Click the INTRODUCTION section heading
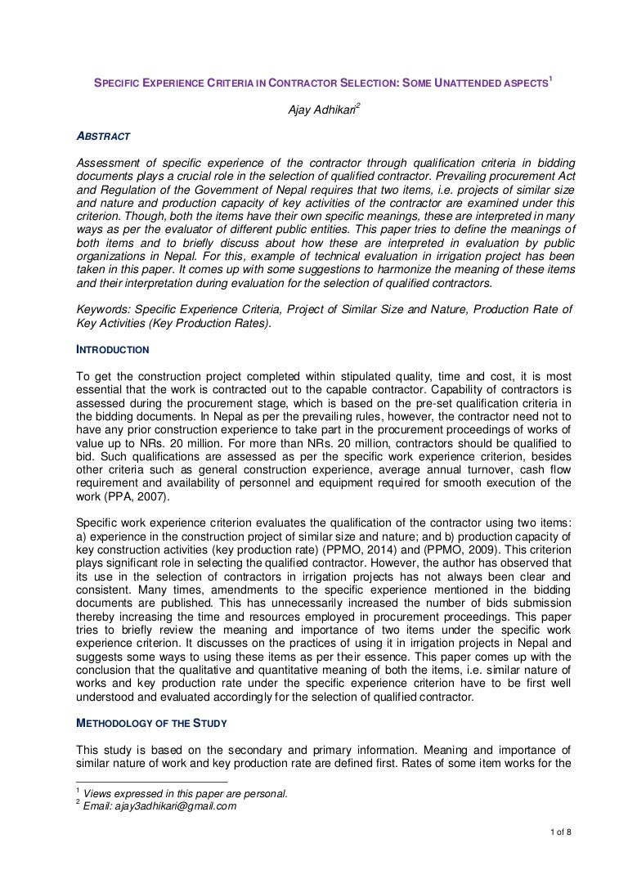(112, 350)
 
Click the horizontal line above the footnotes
(139, 783)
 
